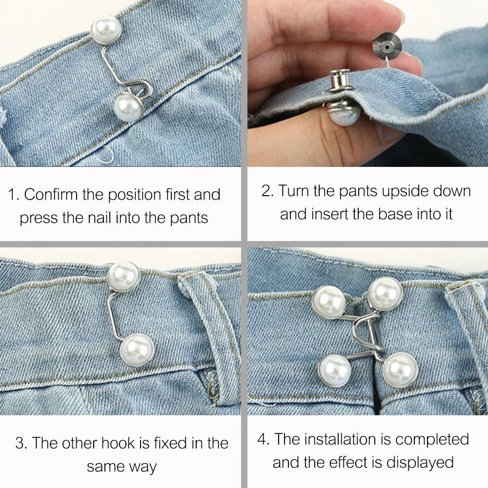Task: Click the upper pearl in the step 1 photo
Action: [x=106, y=29]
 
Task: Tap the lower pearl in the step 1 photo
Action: [x=128, y=107]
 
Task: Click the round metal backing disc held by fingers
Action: [x=387, y=47]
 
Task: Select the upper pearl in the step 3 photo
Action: [x=124, y=276]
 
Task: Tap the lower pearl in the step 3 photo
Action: [x=137, y=350]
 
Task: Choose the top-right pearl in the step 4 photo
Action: [x=386, y=294]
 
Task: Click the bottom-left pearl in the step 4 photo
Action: [x=335, y=371]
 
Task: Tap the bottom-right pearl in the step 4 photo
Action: [x=400, y=370]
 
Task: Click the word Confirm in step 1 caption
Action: [x=51, y=195]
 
